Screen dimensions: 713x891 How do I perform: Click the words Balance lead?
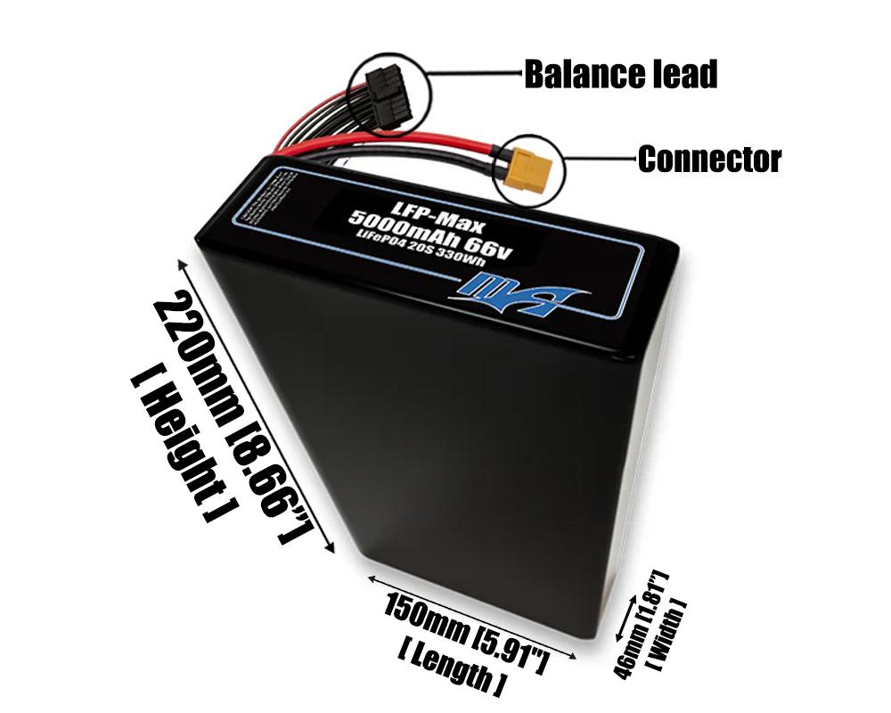click(620, 75)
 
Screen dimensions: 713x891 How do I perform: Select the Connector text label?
click(709, 160)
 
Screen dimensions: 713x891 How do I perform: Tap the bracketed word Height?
click(177, 446)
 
